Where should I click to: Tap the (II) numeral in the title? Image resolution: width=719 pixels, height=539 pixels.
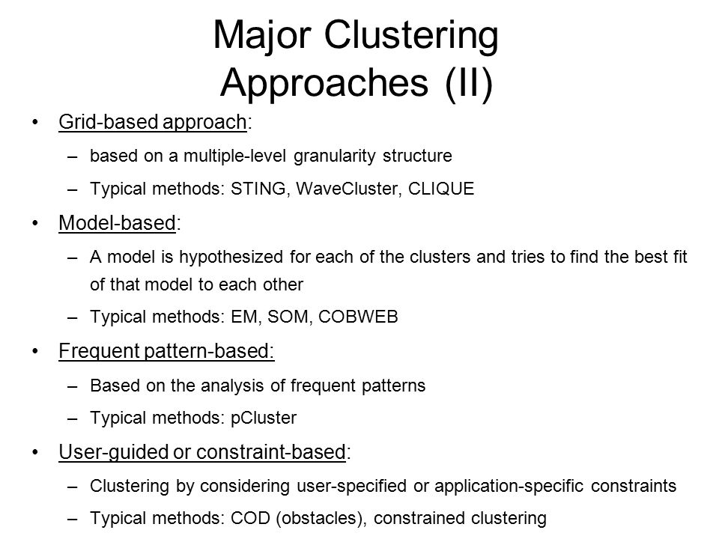tap(469, 83)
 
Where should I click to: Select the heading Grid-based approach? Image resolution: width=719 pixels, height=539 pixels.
tap(153, 122)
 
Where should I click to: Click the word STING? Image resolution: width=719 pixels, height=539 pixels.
tap(258, 189)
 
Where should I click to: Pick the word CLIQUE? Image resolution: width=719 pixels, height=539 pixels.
tap(441, 189)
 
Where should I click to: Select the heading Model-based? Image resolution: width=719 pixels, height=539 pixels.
tap(118, 223)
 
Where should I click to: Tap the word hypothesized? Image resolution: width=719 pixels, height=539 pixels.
tap(231, 258)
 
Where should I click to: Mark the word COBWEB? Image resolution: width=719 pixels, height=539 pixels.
tap(358, 317)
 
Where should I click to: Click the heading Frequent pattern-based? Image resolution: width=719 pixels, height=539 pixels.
tap(166, 351)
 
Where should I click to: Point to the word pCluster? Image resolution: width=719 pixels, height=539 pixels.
tap(264, 418)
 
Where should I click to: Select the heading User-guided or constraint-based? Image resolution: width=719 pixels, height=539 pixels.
tap(202, 452)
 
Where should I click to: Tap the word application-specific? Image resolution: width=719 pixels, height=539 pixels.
tap(509, 487)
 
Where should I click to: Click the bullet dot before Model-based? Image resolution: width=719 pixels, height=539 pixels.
tap(35, 223)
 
